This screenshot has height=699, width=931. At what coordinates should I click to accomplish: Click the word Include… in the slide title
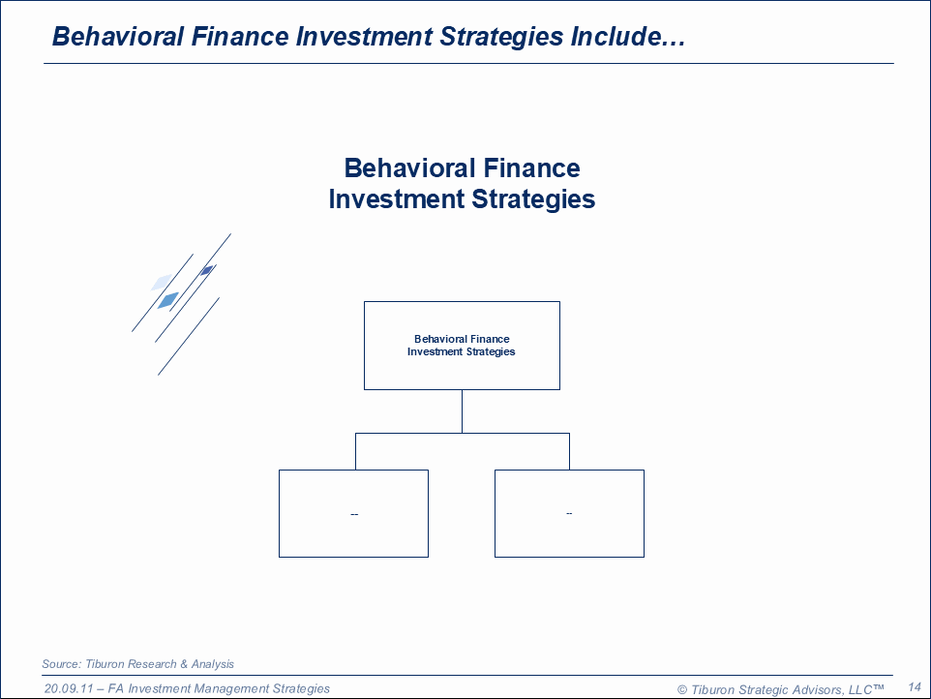click(627, 36)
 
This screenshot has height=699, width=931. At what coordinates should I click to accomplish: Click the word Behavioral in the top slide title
click(117, 36)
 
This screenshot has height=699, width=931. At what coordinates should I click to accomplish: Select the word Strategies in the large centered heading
click(533, 198)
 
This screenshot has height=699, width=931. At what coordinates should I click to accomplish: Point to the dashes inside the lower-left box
click(354, 514)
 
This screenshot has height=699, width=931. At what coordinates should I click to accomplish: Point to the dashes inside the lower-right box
click(569, 513)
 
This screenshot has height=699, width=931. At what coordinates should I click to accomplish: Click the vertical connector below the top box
click(462, 411)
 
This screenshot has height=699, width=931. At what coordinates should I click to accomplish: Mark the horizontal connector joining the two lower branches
click(463, 434)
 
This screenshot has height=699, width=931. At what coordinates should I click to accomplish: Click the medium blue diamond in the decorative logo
click(168, 300)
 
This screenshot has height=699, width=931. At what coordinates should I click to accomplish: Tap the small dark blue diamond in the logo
click(207, 271)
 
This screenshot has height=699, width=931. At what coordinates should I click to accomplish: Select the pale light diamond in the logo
click(161, 282)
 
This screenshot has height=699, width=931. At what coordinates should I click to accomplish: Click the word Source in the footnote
click(61, 664)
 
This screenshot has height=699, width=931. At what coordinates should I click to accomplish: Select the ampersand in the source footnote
click(184, 664)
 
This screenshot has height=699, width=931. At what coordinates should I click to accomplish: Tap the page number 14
click(915, 687)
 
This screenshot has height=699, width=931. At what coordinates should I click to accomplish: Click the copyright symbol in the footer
click(682, 689)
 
